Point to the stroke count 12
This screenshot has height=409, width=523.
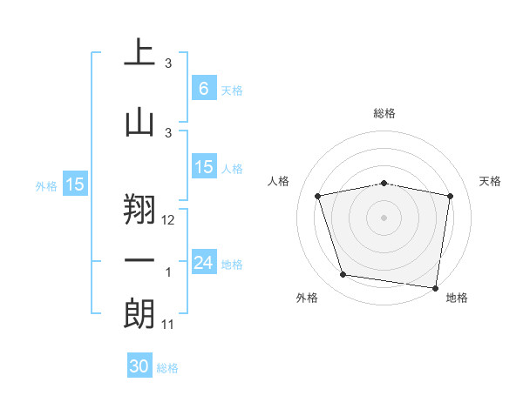pos(169,221)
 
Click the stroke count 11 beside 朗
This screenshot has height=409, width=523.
pos(169,325)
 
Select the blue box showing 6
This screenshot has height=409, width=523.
pos(203,89)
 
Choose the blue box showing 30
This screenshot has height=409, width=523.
pos(139,366)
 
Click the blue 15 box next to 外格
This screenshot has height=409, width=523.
pos(75,184)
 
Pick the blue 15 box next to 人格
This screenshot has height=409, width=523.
pos(203,167)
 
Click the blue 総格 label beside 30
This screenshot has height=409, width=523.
pos(167,368)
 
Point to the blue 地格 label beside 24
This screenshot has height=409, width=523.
pos(232,265)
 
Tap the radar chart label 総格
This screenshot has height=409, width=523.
pos(384,113)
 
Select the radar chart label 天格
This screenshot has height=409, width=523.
pos(491,181)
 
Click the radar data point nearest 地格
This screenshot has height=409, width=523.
pos(435,287)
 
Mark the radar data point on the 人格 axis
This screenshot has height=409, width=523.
pos(318,197)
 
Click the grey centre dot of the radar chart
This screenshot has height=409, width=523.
pos(384,217)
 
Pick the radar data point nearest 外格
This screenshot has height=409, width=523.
pos(343,275)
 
